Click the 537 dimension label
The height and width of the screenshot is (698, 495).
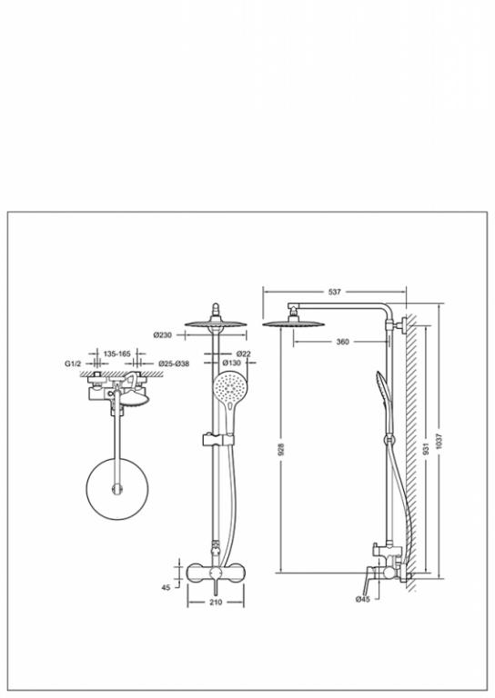click(x=334, y=292)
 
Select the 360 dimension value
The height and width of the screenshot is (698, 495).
click(x=343, y=342)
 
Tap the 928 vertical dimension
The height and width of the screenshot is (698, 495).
click(x=280, y=449)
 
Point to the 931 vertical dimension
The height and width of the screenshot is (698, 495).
click(x=427, y=449)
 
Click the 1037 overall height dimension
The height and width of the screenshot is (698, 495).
click(x=440, y=441)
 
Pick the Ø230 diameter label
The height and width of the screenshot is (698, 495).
click(x=163, y=335)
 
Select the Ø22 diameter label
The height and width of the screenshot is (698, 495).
click(x=243, y=354)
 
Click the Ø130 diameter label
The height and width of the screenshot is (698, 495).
click(x=231, y=364)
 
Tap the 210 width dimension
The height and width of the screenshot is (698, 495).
click(x=216, y=603)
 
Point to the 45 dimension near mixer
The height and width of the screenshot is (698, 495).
click(x=166, y=588)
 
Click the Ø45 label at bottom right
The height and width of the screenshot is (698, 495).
click(x=363, y=599)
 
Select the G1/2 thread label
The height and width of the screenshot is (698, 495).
click(x=73, y=364)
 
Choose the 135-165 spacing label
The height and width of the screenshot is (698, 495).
click(x=117, y=354)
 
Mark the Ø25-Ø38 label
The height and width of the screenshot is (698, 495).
click(x=174, y=364)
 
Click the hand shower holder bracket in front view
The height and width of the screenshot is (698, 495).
click(x=217, y=439)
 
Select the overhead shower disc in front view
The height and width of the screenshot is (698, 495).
click(x=216, y=324)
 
